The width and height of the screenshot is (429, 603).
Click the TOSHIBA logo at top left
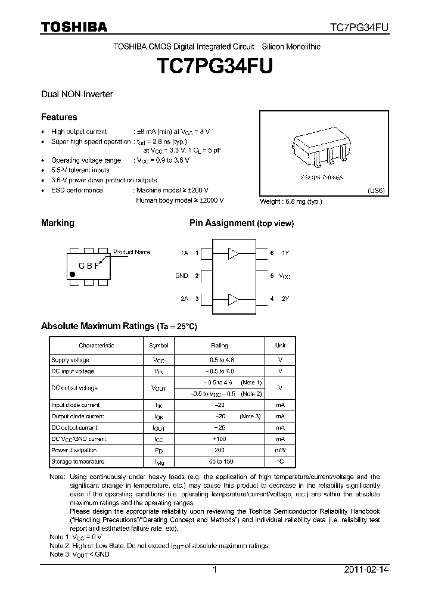coord(74,27)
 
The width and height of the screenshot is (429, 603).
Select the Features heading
coord(58,117)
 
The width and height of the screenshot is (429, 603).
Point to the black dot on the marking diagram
coord(73,274)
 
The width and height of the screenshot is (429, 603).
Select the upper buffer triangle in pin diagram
coord(233,254)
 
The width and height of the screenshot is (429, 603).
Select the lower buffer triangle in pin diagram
coord(233,299)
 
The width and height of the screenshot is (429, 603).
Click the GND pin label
coord(182,276)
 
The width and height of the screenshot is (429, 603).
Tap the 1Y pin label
coord(285,253)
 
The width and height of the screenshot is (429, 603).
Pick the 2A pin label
coord(184,299)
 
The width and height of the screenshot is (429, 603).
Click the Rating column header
coord(219,346)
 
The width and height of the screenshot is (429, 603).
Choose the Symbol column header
coord(158,346)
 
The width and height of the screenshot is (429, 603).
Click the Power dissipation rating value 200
coord(219,450)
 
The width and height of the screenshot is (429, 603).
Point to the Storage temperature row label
coord(77,462)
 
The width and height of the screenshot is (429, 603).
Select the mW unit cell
coord(280,450)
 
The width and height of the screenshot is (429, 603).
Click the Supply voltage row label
coord(70,360)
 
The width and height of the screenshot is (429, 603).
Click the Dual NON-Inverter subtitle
coord(77,94)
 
